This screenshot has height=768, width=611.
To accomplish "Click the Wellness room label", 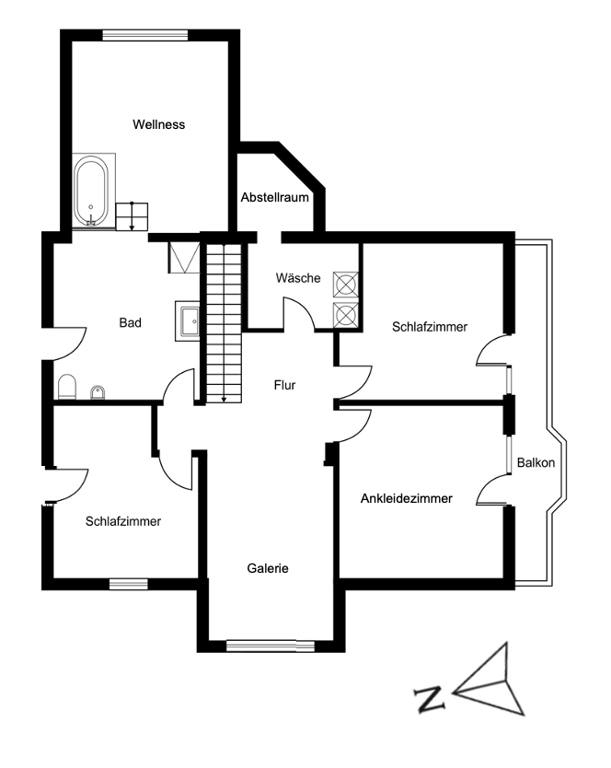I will pyautogui.click(x=158, y=124).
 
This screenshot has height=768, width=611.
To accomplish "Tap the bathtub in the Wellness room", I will pyautogui.click(x=90, y=191).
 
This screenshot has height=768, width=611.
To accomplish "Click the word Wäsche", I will pyautogui.click(x=297, y=278).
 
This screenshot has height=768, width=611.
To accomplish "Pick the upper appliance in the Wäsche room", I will pyautogui.click(x=345, y=284).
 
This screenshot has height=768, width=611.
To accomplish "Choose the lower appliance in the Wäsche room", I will pyautogui.click(x=345, y=315).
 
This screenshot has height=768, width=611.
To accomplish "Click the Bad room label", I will pyautogui.click(x=130, y=323).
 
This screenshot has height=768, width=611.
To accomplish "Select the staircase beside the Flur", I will pyautogui.click(x=223, y=321).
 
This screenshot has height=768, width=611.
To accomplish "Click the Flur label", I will pyautogui.click(x=284, y=385).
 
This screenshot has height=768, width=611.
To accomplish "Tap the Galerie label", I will pyautogui.click(x=268, y=568).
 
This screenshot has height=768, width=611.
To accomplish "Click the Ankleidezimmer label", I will pyautogui.click(x=406, y=499).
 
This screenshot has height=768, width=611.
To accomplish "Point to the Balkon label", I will pyautogui.click(x=536, y=462).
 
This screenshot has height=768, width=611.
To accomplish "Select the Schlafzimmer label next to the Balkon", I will pyautogui.click(x=429, y=326).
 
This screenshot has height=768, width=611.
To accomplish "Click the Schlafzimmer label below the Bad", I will pyautogui.click(x=123, y=521).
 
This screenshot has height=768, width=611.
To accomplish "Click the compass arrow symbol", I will pyautogui.click(x=491, y=682).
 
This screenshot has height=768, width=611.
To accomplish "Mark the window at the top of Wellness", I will pyautogui.click(x=145, y=35).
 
